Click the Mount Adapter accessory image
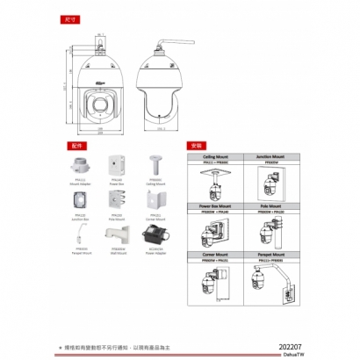(x=80, y=164)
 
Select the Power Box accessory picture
(x=117, y=166)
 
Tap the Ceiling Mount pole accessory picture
(x=155, y=164)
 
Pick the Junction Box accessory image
(x=80, y=198)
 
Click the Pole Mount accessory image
(x=117, y=198)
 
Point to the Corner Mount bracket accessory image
(x=155, y=198)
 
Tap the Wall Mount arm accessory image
(x=118, y=233)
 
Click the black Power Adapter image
(x=155, y=232)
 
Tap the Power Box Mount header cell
(x=214, y=204)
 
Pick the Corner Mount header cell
(x=214, y=252)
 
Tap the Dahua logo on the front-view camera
(x=101, y=79)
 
